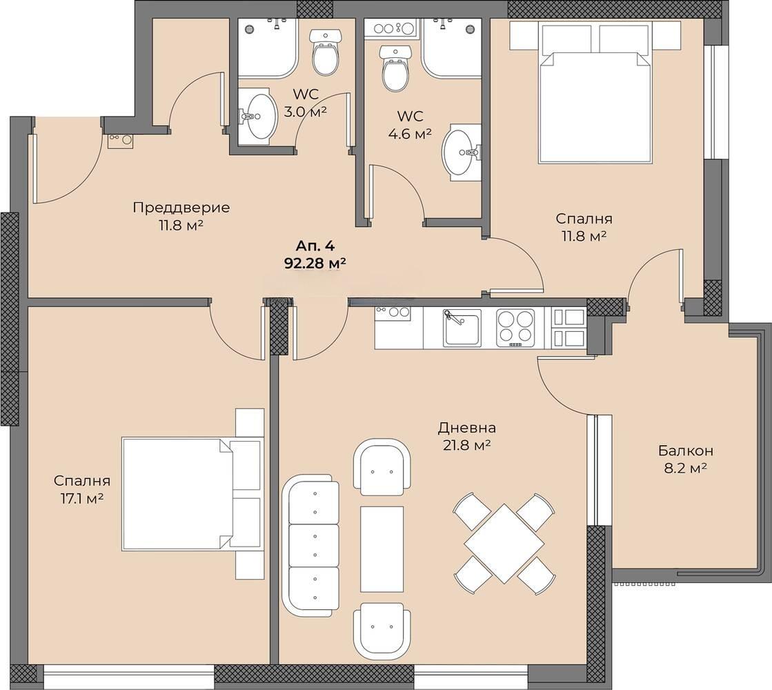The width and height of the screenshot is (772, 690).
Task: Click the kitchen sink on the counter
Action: pos(462,328)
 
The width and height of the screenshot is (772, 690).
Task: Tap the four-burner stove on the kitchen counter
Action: pos(515,327)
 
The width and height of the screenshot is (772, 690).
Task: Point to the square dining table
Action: pos(504,543)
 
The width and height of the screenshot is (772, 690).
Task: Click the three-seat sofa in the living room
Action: pos(310,545)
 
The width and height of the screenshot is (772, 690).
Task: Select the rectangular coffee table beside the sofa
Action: pos(382,549)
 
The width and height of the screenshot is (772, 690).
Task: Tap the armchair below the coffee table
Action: pos(382,631)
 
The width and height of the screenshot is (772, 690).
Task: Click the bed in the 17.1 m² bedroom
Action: pos(191,493)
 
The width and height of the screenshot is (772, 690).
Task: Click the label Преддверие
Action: pos(181,207)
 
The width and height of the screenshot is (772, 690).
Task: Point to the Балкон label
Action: pos(686,450)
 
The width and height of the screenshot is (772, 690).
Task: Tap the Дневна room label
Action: pos(467,428)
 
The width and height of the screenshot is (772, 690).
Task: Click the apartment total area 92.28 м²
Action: pos(315,264)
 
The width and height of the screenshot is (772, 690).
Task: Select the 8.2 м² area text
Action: pos(686,468)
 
